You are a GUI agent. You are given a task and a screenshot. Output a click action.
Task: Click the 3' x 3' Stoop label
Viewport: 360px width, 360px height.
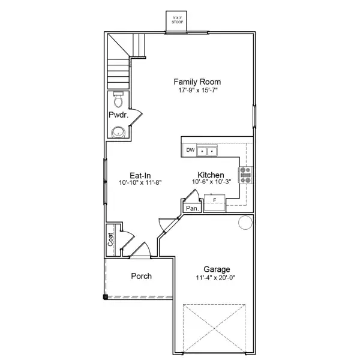(x=177, y=19)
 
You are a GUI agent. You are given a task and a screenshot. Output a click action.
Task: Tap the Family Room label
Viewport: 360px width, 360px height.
(x=188, y=82)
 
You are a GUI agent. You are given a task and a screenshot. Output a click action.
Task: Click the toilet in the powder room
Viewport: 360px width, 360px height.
(x=117, y=99)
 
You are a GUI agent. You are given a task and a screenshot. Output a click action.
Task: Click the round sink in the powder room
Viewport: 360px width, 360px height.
(x=118, y=132)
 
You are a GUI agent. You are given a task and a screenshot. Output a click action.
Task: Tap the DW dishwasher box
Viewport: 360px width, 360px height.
(x=190, y=150)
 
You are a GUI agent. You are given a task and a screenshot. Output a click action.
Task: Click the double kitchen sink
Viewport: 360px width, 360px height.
(x=208, y=151)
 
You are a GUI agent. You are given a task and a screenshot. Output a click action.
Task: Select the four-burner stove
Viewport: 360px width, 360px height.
(x=246, y=175)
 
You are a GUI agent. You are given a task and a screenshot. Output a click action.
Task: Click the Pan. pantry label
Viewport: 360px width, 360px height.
(x=192, y=208)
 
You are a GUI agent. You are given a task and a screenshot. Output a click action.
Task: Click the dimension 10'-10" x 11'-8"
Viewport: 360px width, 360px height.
(x=140, y=182)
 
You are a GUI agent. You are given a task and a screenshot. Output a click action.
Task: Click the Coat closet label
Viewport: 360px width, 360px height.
(x=111, y=240)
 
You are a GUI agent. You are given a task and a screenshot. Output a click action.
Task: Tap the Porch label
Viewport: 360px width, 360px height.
(x=141, y=277)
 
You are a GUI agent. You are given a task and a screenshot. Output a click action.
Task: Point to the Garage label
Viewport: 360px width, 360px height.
(x=216, y=270)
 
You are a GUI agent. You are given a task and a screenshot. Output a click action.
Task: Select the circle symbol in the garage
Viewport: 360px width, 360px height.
(x=245, y=223)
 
